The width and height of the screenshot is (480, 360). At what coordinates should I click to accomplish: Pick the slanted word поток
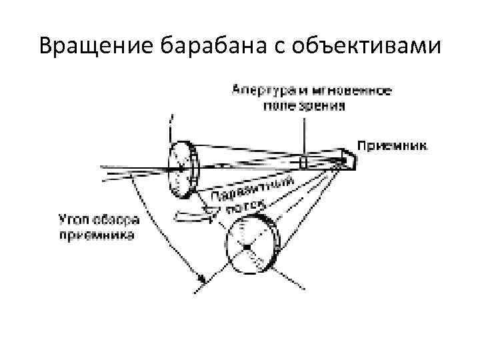point(245,207)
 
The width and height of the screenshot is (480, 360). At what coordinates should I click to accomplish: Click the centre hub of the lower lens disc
point(247,247)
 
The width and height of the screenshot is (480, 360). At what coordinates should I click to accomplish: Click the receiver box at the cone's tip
point(347,159)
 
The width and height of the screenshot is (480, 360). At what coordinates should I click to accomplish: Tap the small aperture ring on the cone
point(304,161)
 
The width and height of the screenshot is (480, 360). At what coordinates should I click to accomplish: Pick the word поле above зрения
point(282,105)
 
